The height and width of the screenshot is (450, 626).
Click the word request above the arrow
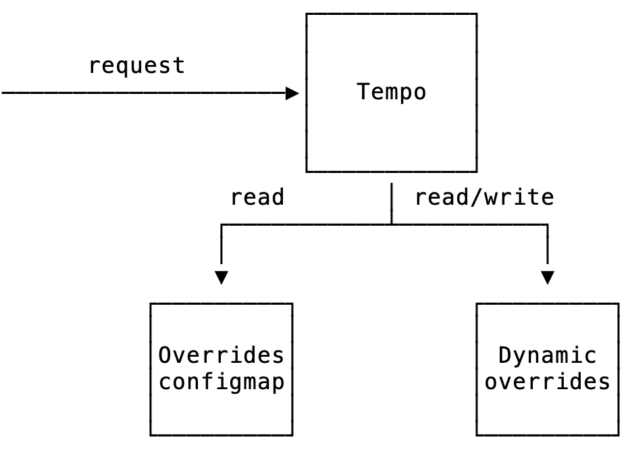(136, 66)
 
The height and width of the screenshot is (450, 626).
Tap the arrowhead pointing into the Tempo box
(292, 93)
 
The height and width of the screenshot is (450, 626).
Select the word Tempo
(392, 92)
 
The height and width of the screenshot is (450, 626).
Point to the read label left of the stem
(257, 197)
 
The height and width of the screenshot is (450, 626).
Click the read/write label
(484, 197)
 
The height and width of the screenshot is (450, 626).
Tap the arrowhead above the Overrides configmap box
(221, 278)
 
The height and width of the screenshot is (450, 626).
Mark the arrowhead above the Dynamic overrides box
(548, 278)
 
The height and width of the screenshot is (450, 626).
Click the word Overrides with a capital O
(221, 355)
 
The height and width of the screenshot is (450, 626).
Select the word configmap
(221, 382)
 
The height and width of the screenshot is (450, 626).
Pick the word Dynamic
(548, 355)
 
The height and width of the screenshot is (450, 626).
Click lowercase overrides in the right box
(548, 382)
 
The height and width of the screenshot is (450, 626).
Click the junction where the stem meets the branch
(392, 224)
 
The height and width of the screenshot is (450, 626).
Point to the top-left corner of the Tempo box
(307, 14)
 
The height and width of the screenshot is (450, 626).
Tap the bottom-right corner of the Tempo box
(477, 172)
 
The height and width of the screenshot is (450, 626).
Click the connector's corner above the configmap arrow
(221, 224)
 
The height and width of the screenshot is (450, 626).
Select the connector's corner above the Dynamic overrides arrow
(548, 224)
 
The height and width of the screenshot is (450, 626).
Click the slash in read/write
(484, 197)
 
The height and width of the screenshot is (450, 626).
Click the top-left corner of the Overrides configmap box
(151, 304)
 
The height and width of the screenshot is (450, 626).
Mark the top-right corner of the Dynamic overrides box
(618, 304)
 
